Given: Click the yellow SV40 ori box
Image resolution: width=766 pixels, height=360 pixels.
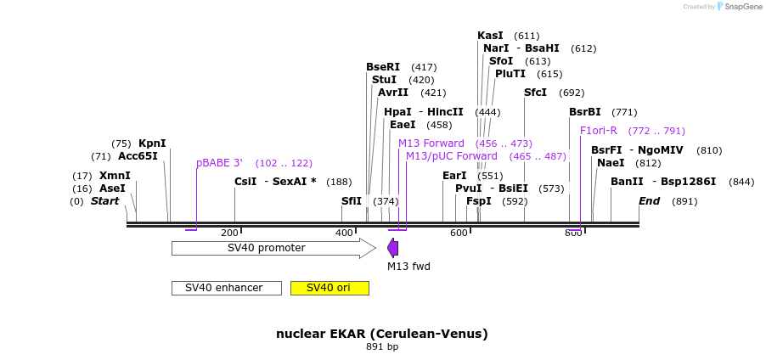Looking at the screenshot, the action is click(x=329, y=288).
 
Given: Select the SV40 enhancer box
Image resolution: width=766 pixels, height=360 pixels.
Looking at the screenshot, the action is click(x=227, y=288).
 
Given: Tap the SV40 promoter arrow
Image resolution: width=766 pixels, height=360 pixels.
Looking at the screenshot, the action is click(x=274, y=248).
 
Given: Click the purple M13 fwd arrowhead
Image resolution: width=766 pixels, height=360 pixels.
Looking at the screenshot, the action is click(x=393, y=248).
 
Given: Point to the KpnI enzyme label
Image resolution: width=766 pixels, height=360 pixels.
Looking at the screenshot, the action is click(x=152, y=143).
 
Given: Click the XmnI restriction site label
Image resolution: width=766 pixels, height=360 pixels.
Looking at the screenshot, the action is click(x=115, y=176).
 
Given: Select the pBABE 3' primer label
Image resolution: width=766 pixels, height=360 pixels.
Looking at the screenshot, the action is click(x=220, y=163).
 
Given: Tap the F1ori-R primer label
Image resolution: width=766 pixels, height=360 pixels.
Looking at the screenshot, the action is click(x=599, y=131).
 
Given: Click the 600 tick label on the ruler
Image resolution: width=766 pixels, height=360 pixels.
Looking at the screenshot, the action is click(x=459, y=233).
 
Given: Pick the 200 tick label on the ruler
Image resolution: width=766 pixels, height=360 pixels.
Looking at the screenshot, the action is click(x=229, y=233).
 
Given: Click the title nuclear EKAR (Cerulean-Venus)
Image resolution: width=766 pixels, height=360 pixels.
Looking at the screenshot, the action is click(x=382, y=335).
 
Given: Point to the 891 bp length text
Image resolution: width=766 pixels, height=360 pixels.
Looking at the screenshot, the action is click(x=382, y=347).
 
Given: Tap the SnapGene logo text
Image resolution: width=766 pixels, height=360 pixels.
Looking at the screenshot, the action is click(x=744, y=7).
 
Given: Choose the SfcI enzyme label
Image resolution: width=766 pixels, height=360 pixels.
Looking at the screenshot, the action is click(x=535, y=93).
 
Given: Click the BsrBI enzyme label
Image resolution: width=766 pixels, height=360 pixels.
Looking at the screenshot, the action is click(x=585, y=112).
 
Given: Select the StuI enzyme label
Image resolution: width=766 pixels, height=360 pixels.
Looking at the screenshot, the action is click(x=385, y=80).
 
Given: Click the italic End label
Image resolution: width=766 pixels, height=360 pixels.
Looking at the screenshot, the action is click(x=650, y=201).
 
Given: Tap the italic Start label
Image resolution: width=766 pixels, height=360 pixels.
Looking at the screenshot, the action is click(x=105, y=201).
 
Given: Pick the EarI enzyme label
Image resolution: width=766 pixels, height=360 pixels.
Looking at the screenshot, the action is click(x=455, y=176).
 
